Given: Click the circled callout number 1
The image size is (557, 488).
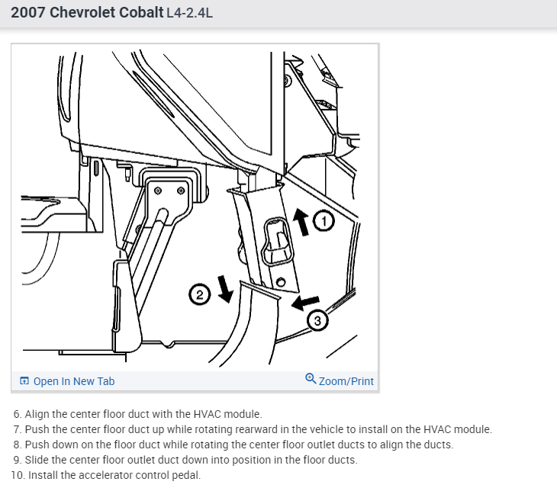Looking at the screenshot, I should (324, 221).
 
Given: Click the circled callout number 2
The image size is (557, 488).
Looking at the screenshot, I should (198, 294).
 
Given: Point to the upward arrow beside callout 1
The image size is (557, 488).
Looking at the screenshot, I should (303, 222).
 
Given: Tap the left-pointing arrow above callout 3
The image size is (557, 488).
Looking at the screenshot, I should (305, 303).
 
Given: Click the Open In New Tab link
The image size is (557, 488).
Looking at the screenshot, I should (74, 381).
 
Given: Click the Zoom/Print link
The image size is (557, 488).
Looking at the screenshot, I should (346, 381).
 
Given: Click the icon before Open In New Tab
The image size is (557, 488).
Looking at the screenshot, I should (24, 381).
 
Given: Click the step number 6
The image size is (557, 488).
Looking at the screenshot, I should (17, 414).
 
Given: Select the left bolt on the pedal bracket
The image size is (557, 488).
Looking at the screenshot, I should (157, 190).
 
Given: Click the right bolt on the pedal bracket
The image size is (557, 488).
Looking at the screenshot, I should (180, 190).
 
